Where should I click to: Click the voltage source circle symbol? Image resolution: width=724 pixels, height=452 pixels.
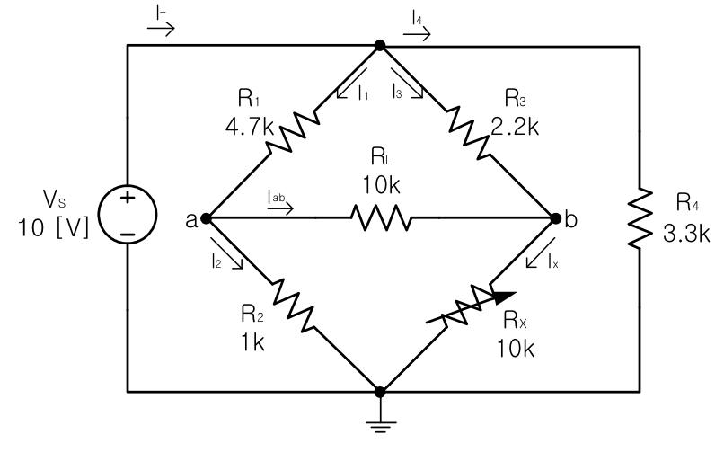point(127,217)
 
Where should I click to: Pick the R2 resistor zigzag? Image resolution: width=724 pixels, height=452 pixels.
point(292,304)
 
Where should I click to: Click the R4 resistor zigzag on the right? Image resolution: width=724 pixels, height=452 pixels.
point(639,217)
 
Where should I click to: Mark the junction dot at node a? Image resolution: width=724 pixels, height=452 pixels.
point(206,217)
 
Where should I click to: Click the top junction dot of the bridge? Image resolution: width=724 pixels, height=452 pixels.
point(380,44)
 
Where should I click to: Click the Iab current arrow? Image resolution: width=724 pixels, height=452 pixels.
point(279,206)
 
